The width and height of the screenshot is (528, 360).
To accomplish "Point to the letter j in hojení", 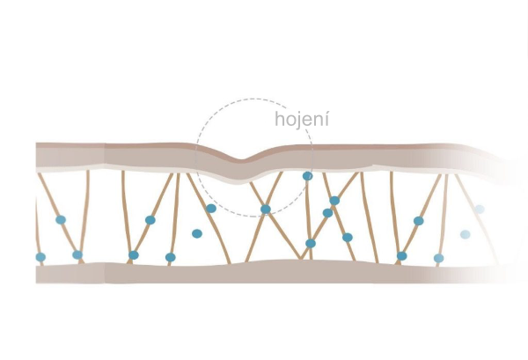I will coord(297,121).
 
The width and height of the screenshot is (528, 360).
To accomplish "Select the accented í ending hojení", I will coord(326,118).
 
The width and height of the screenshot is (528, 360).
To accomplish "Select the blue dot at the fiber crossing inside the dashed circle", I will coord(265,209).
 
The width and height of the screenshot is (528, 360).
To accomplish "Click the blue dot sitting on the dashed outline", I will coord(307,176).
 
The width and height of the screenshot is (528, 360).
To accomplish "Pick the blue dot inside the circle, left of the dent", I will coord(211,209).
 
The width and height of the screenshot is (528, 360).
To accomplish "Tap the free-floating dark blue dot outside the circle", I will coord(197,234).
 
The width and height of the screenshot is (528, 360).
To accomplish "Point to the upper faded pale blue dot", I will coord(480,209).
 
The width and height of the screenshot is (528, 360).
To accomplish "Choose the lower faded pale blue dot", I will coord(465,234).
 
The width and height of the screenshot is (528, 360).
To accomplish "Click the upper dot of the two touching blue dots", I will coord(334,201).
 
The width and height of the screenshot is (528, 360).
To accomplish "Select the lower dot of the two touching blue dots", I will coord(327,212).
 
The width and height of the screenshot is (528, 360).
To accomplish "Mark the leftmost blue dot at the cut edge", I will coord(40,257).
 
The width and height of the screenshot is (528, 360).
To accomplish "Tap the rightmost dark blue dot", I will coord(438,258).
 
